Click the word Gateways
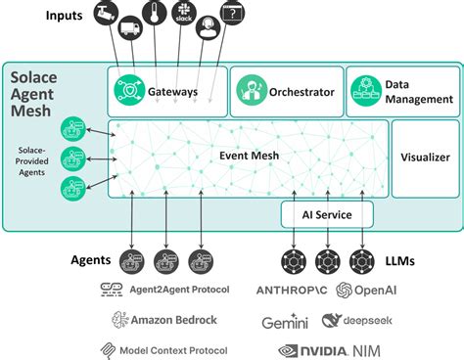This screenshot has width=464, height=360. tap(173, 92)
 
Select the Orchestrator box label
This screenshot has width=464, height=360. tap(302, 93)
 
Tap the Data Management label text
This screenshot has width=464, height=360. tap(419, 92)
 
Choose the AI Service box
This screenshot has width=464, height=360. tap(328, 214)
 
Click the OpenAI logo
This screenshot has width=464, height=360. tap(368, 290)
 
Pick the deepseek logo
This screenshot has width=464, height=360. tap(356, 321)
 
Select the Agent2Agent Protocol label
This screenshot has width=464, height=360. tap(165, 290)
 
